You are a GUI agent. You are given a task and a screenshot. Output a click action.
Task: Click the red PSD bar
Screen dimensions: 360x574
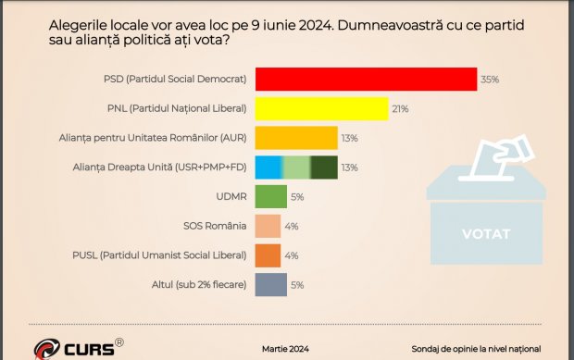(x=366, y=80)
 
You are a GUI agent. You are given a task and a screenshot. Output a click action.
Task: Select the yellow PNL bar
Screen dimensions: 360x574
(x=321, y=109)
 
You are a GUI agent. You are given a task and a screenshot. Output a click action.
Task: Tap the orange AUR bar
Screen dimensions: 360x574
(x=296, y=139)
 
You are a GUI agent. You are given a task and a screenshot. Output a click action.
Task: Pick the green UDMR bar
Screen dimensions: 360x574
(x=270, y=197)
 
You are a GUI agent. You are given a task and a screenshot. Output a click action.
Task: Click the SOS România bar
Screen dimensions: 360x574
(x=268, y=227)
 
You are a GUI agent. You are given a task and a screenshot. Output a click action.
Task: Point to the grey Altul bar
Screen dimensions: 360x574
(x=270, y=285)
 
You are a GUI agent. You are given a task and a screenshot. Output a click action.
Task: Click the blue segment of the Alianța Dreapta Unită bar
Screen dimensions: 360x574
(x=268, y=168)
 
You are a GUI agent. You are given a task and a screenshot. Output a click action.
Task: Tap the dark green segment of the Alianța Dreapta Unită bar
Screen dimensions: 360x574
(x=324, y=168)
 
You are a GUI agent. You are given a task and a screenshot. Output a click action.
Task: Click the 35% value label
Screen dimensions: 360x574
(x=490, y=80)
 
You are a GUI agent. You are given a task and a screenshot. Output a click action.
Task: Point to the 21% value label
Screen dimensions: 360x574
(x=401, y=109)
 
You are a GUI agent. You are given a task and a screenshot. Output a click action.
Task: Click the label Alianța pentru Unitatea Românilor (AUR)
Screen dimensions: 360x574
(x=158, y=139)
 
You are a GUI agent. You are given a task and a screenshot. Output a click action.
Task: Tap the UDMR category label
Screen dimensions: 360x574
(x=231, y=197)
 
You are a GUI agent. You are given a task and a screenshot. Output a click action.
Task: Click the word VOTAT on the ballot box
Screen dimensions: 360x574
(x=485, y=233)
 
